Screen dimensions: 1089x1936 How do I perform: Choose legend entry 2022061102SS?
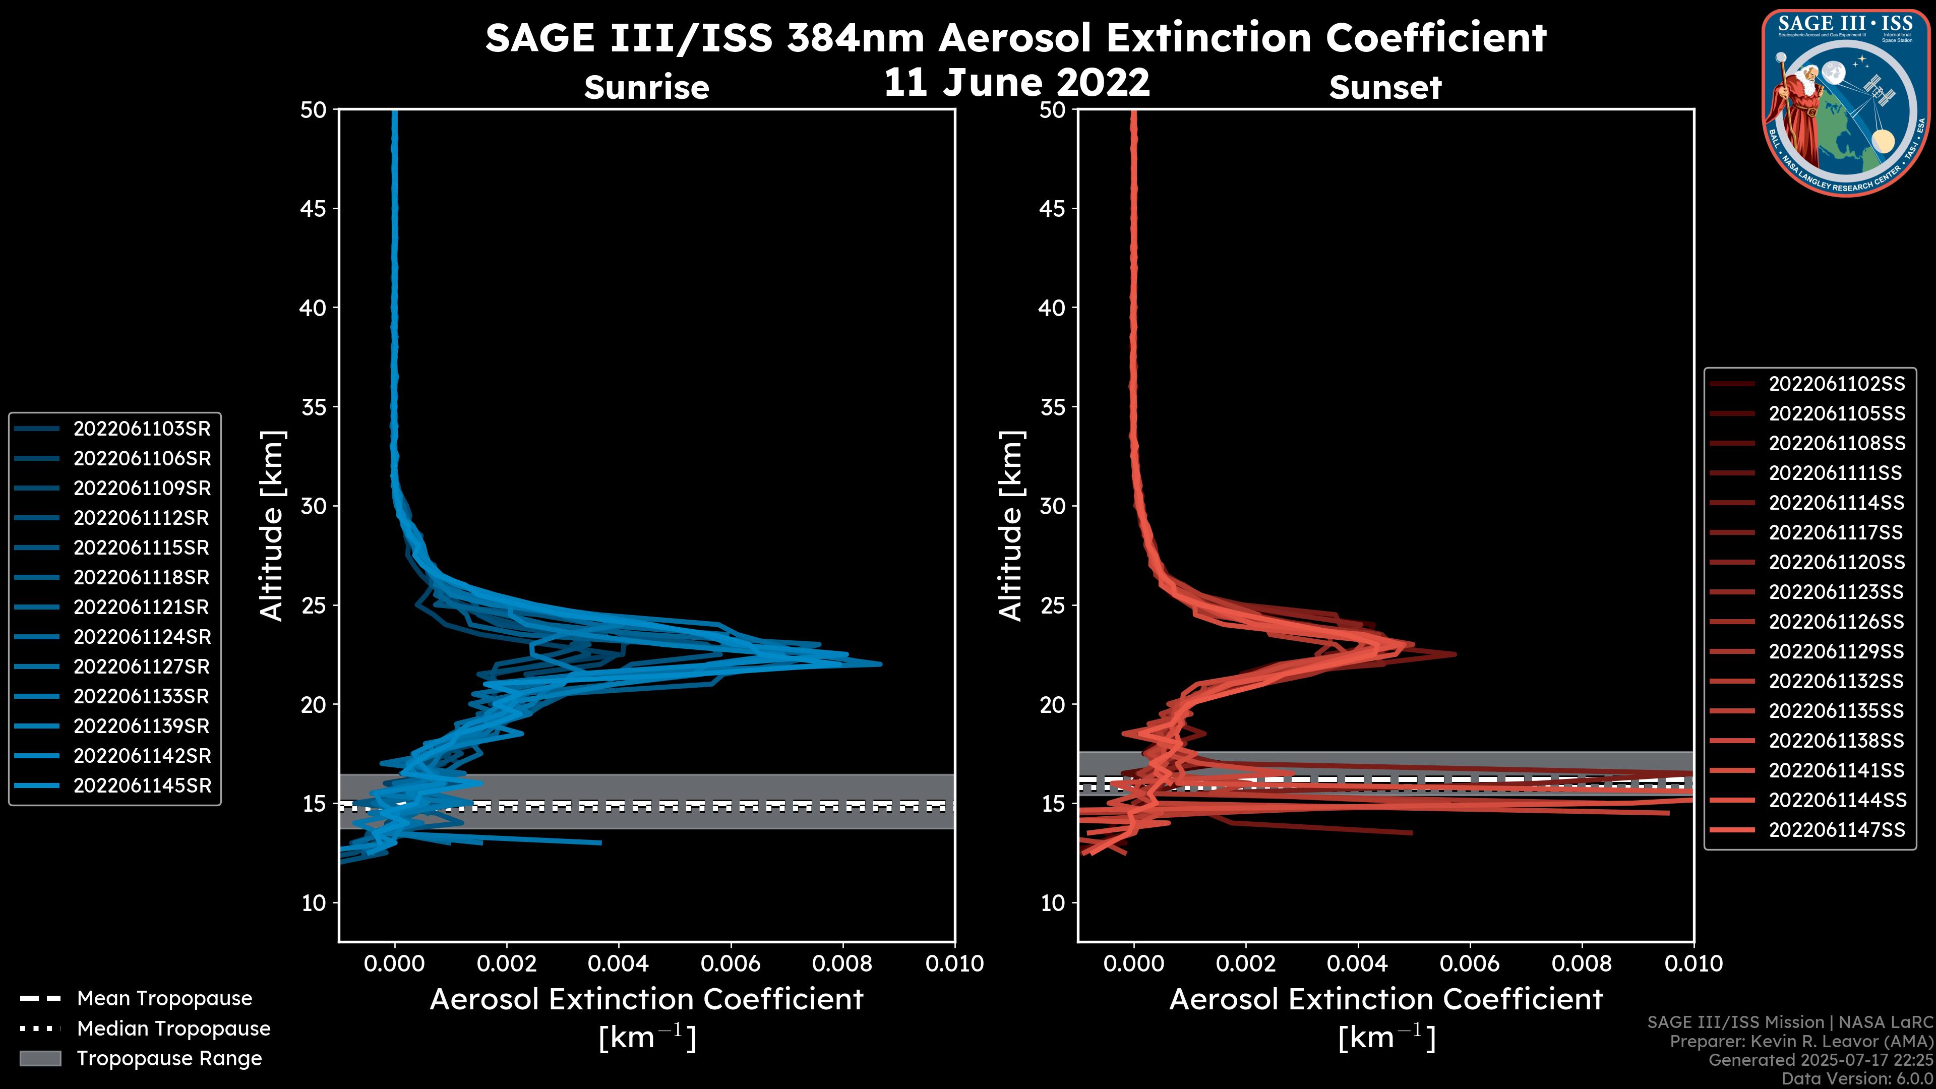pos(1837,384)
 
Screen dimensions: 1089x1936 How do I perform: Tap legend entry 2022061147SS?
pos(1837,830)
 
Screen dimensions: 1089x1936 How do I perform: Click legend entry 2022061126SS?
pos(1837,622)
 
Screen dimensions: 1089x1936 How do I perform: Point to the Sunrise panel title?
pos(646,87)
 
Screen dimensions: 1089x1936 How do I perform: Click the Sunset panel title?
pos(1385,87)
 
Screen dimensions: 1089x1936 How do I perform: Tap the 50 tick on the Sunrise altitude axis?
pos(314,110)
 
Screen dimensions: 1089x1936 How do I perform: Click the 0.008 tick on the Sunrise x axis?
pos(842,963)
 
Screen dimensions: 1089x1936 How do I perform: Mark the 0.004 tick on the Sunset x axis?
pos(1357,963)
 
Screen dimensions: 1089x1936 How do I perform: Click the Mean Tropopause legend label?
pos(164,998)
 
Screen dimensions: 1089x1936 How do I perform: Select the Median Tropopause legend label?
pos(173,1028)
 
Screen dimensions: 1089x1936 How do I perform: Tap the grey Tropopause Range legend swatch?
pos(40,1058)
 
